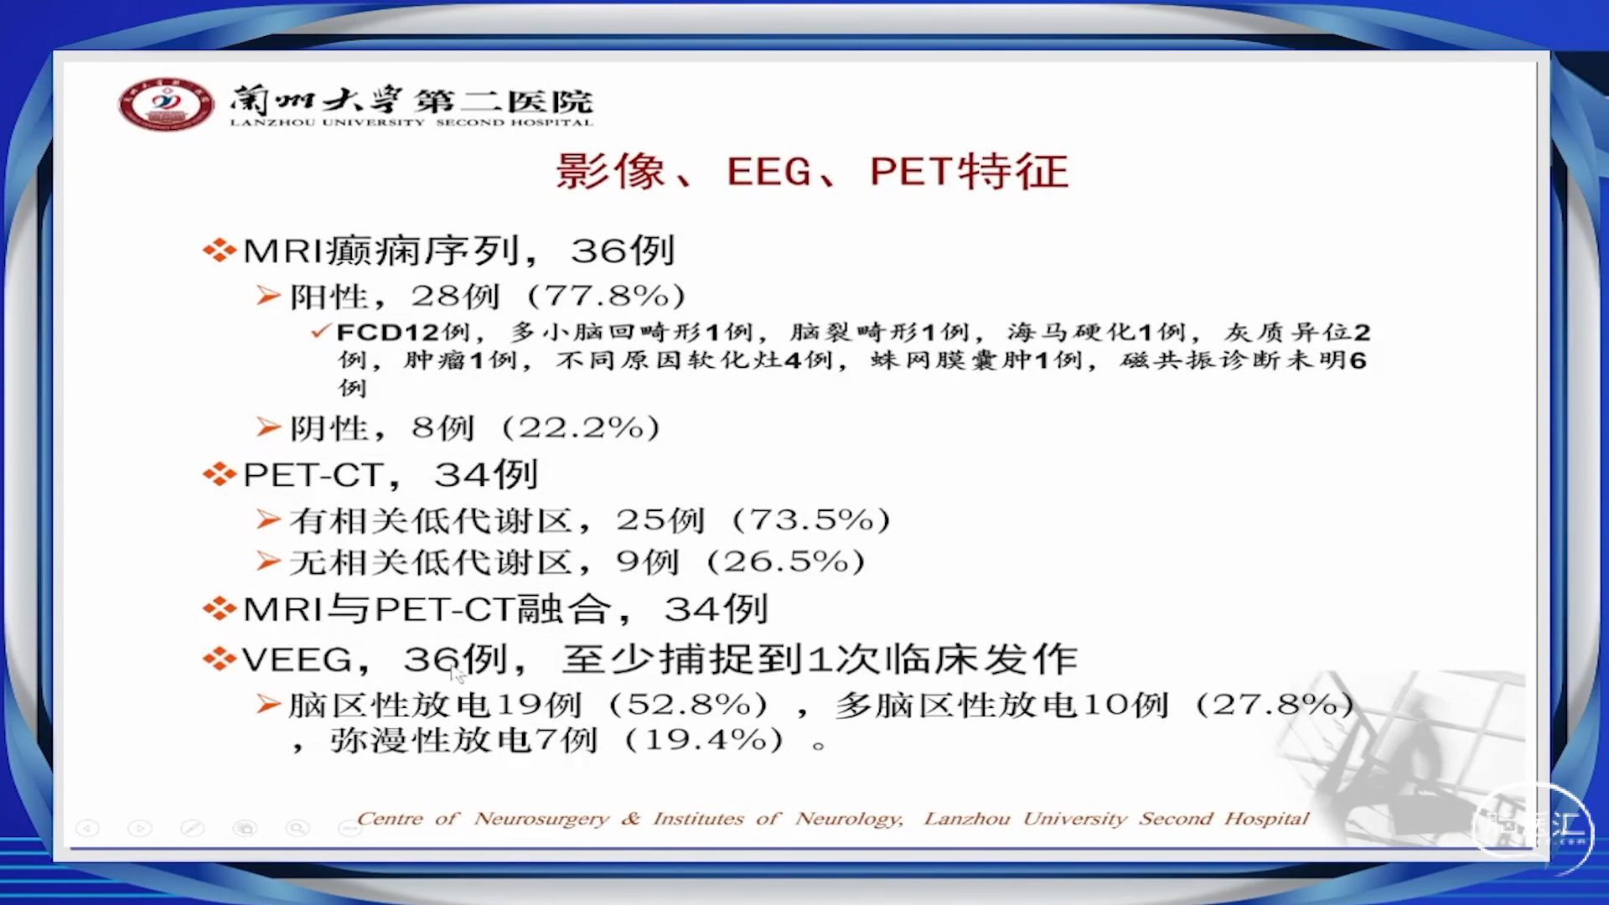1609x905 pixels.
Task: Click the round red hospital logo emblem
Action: coord(166,104)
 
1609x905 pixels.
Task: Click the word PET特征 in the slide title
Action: coord(969,172)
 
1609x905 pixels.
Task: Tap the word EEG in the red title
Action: coord(769,172)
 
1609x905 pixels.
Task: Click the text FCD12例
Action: coord(403,333)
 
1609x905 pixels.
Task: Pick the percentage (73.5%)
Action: coord(811,520)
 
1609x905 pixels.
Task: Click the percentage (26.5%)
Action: coord(786,561)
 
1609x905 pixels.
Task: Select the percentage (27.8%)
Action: coord(1275,705)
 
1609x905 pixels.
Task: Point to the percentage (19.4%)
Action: coord(705,740)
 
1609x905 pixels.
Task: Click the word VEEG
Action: coord(297,659)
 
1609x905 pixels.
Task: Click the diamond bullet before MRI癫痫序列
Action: coord(219,251)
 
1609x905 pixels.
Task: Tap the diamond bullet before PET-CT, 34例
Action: coord(219,475)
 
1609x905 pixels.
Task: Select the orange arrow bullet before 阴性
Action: coord(268,427)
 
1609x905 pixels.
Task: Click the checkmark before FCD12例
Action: coord(321,331)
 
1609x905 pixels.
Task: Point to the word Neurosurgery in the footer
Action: coord(541,818)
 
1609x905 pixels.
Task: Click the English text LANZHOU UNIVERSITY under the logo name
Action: coord(327,122)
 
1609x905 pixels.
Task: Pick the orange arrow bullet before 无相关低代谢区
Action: coord(268,561)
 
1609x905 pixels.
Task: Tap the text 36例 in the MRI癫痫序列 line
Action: coord(623,251)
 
